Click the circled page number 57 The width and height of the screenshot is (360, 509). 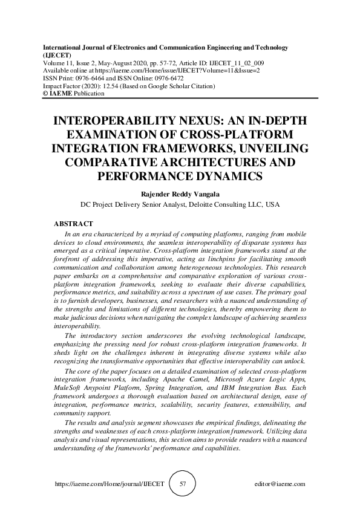tap(182, 484)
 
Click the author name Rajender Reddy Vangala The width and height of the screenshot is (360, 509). tap(180, 195)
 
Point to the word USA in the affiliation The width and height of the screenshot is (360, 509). tap(273, 205)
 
